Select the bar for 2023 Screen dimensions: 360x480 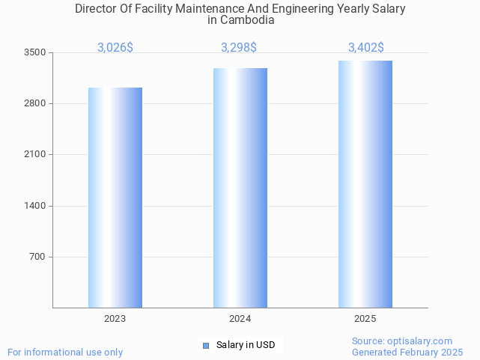tap(115, 198)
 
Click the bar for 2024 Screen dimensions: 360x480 tap(240, 188)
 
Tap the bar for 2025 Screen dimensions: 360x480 tap(365, 184)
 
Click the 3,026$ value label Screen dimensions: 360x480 tap(115, 48)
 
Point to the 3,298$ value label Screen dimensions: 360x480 tap(239, 48)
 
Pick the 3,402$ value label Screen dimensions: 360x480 tap(366, 48)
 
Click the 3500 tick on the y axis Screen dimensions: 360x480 tap(35, 52)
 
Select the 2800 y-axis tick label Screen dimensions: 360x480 tap(35, 103)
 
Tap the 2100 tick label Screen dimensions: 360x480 tap(35, 154)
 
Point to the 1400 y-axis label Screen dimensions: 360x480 tap(35, 206)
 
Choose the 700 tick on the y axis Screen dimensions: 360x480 tap(38, 257)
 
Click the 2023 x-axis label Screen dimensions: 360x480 tap(115, 319)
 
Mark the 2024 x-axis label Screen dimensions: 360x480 tap(240, 319)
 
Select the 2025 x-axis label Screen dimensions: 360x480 tap(365, 319)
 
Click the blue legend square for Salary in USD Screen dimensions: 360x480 tap(206, 345)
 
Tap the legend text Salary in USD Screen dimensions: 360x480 tap(246, 345)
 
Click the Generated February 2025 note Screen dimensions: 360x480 tap(407, 352)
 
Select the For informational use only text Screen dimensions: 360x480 tap(65, 352)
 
